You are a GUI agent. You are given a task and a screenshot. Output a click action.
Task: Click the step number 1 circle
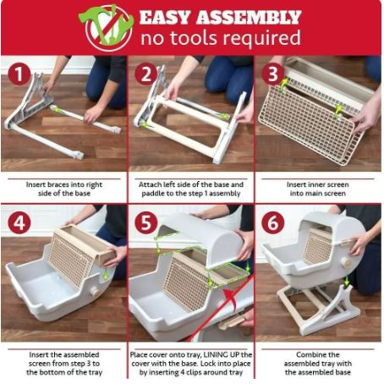coord(19,74)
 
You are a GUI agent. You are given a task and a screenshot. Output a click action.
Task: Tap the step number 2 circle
coord(146,74)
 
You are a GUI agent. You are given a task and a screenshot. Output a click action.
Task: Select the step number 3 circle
coord(272,74)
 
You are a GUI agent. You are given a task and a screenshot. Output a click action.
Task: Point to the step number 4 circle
coord(19,222)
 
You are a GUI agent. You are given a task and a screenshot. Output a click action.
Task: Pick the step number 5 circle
coord(146,222)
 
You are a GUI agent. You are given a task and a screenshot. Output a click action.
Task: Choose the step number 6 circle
coord(272,222)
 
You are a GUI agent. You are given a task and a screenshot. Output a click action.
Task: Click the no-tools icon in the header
coord(107,27)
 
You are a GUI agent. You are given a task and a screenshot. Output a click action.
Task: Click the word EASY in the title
coord(165,17)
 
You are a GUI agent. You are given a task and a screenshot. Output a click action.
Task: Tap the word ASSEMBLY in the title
coord(249,17)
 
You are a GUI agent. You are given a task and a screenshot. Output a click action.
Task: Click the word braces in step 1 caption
coord(60,184)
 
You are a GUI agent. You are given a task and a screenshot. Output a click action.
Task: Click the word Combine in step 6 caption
coord(308,354)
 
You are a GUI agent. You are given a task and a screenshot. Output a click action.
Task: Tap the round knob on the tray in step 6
coord(347,263)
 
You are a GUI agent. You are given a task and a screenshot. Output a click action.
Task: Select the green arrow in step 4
coord(106,273)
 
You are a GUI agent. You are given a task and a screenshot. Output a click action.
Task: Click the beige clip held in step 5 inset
coord(232,321)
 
